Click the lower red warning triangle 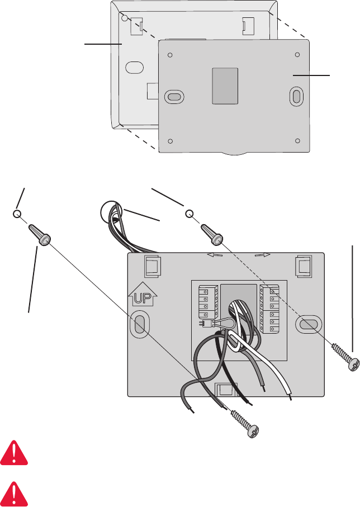point(15,490)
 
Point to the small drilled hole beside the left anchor point(17,215)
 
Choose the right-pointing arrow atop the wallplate point(262,255)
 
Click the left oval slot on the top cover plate point(174,97)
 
